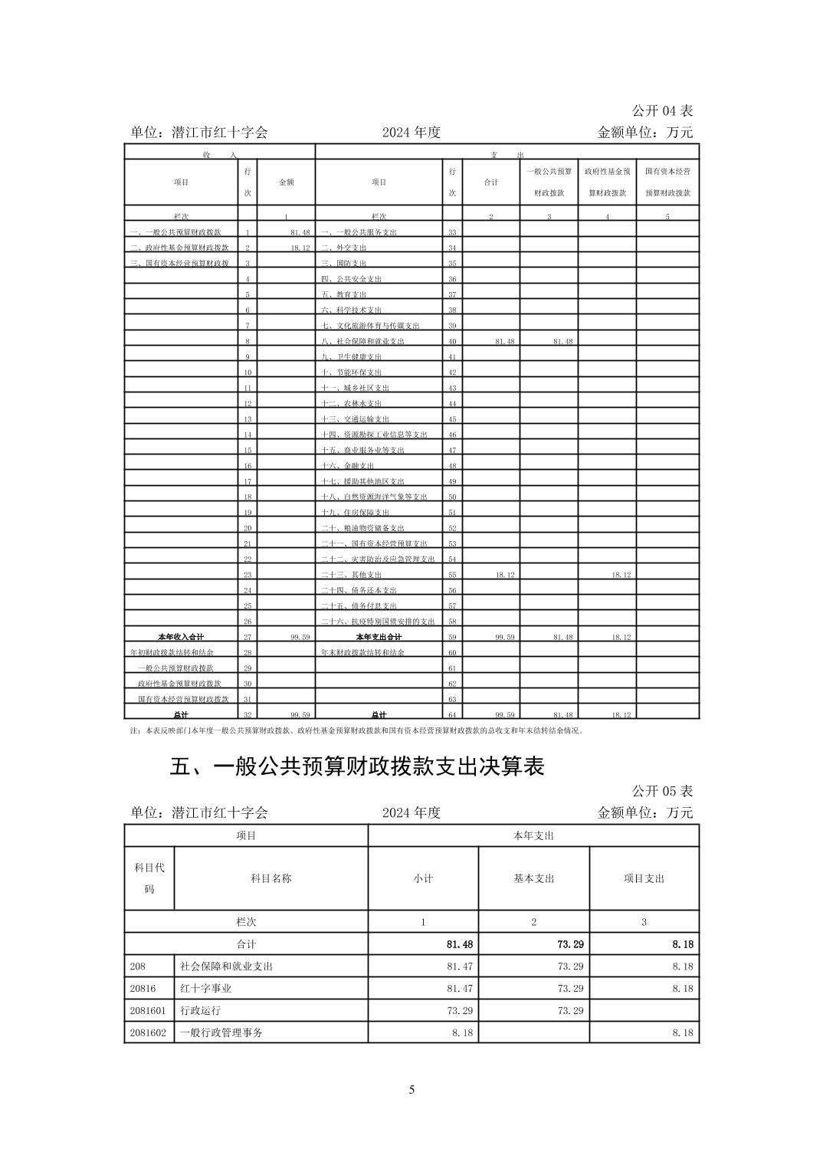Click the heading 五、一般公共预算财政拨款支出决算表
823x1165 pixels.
[356, 766]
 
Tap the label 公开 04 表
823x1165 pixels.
[662, 111]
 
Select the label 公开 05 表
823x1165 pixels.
[662, 790]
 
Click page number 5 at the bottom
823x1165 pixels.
[411, 1089]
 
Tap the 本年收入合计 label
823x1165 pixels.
[181, 637]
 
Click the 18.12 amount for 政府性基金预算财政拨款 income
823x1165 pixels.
[300, 248]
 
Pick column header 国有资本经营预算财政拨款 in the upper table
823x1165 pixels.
[667, 182]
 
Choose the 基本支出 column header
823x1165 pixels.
[533, 878]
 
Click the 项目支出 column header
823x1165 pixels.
[644, 878]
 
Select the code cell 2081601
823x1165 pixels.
[148, 1010]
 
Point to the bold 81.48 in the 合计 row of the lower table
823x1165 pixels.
[460, 945]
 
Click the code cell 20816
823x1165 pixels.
[143, 989]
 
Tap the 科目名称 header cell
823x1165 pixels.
[271, 878]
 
